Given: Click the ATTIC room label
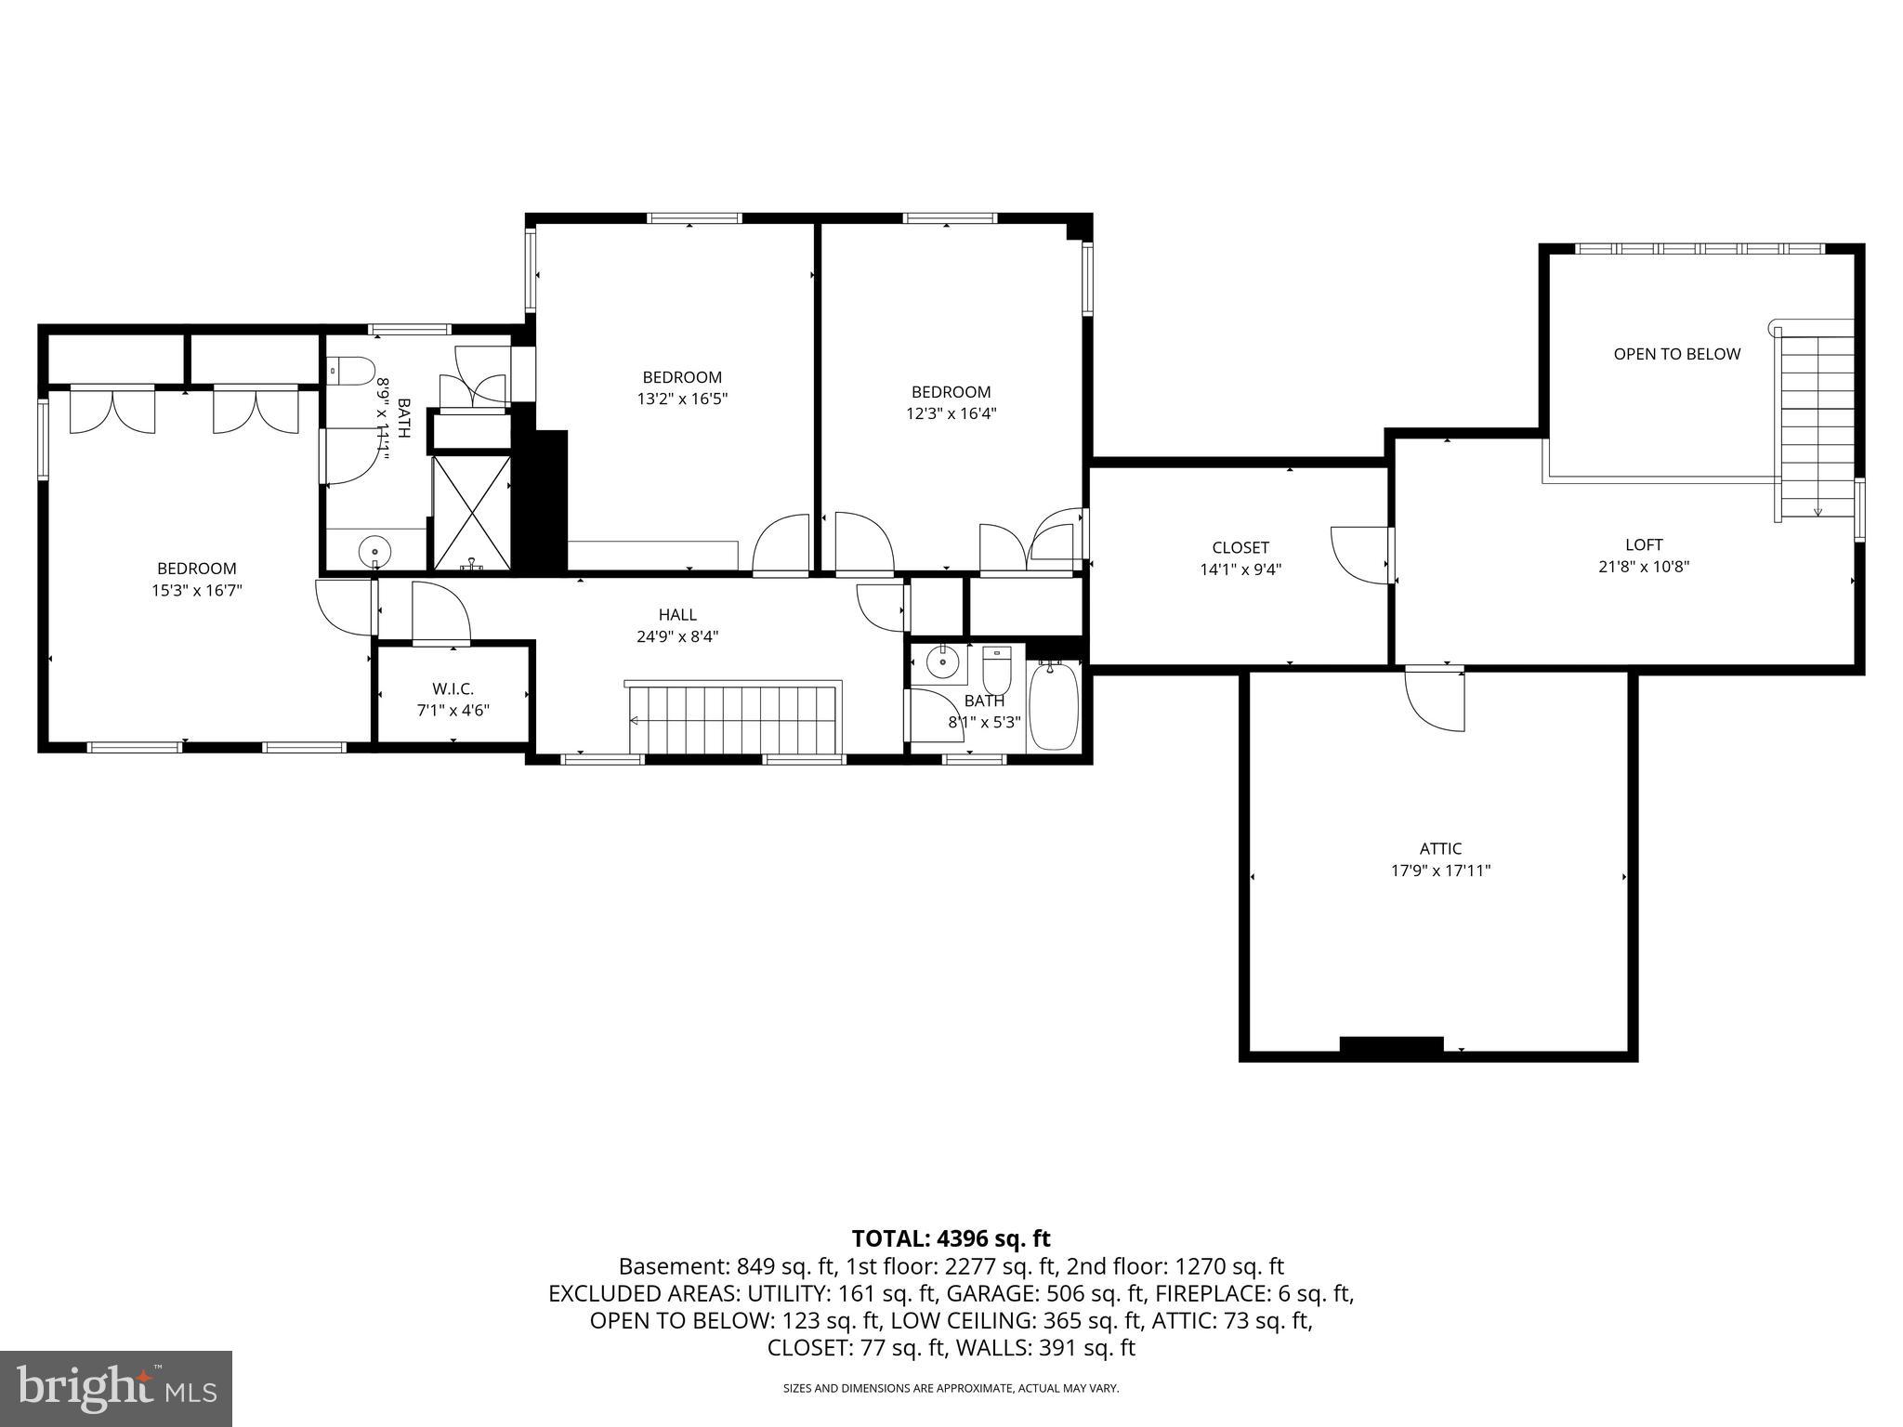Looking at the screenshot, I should pos(1440,848).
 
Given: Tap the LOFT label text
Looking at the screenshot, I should pos(1644,544).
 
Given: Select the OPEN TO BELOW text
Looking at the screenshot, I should pos(1676,354).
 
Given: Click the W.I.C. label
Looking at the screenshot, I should pos(453,688).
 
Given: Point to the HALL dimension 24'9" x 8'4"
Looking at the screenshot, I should pos(677,636).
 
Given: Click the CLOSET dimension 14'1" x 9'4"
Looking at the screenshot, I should pos(1240,569).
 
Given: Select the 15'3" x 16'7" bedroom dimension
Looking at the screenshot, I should pos(197,590).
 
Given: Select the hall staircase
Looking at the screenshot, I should pos(734,720).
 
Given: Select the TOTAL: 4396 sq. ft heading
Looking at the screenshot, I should pos(951,1238).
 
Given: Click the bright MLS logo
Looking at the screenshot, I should pos(116,1389).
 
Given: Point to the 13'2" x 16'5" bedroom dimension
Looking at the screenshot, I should pos(682,399).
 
